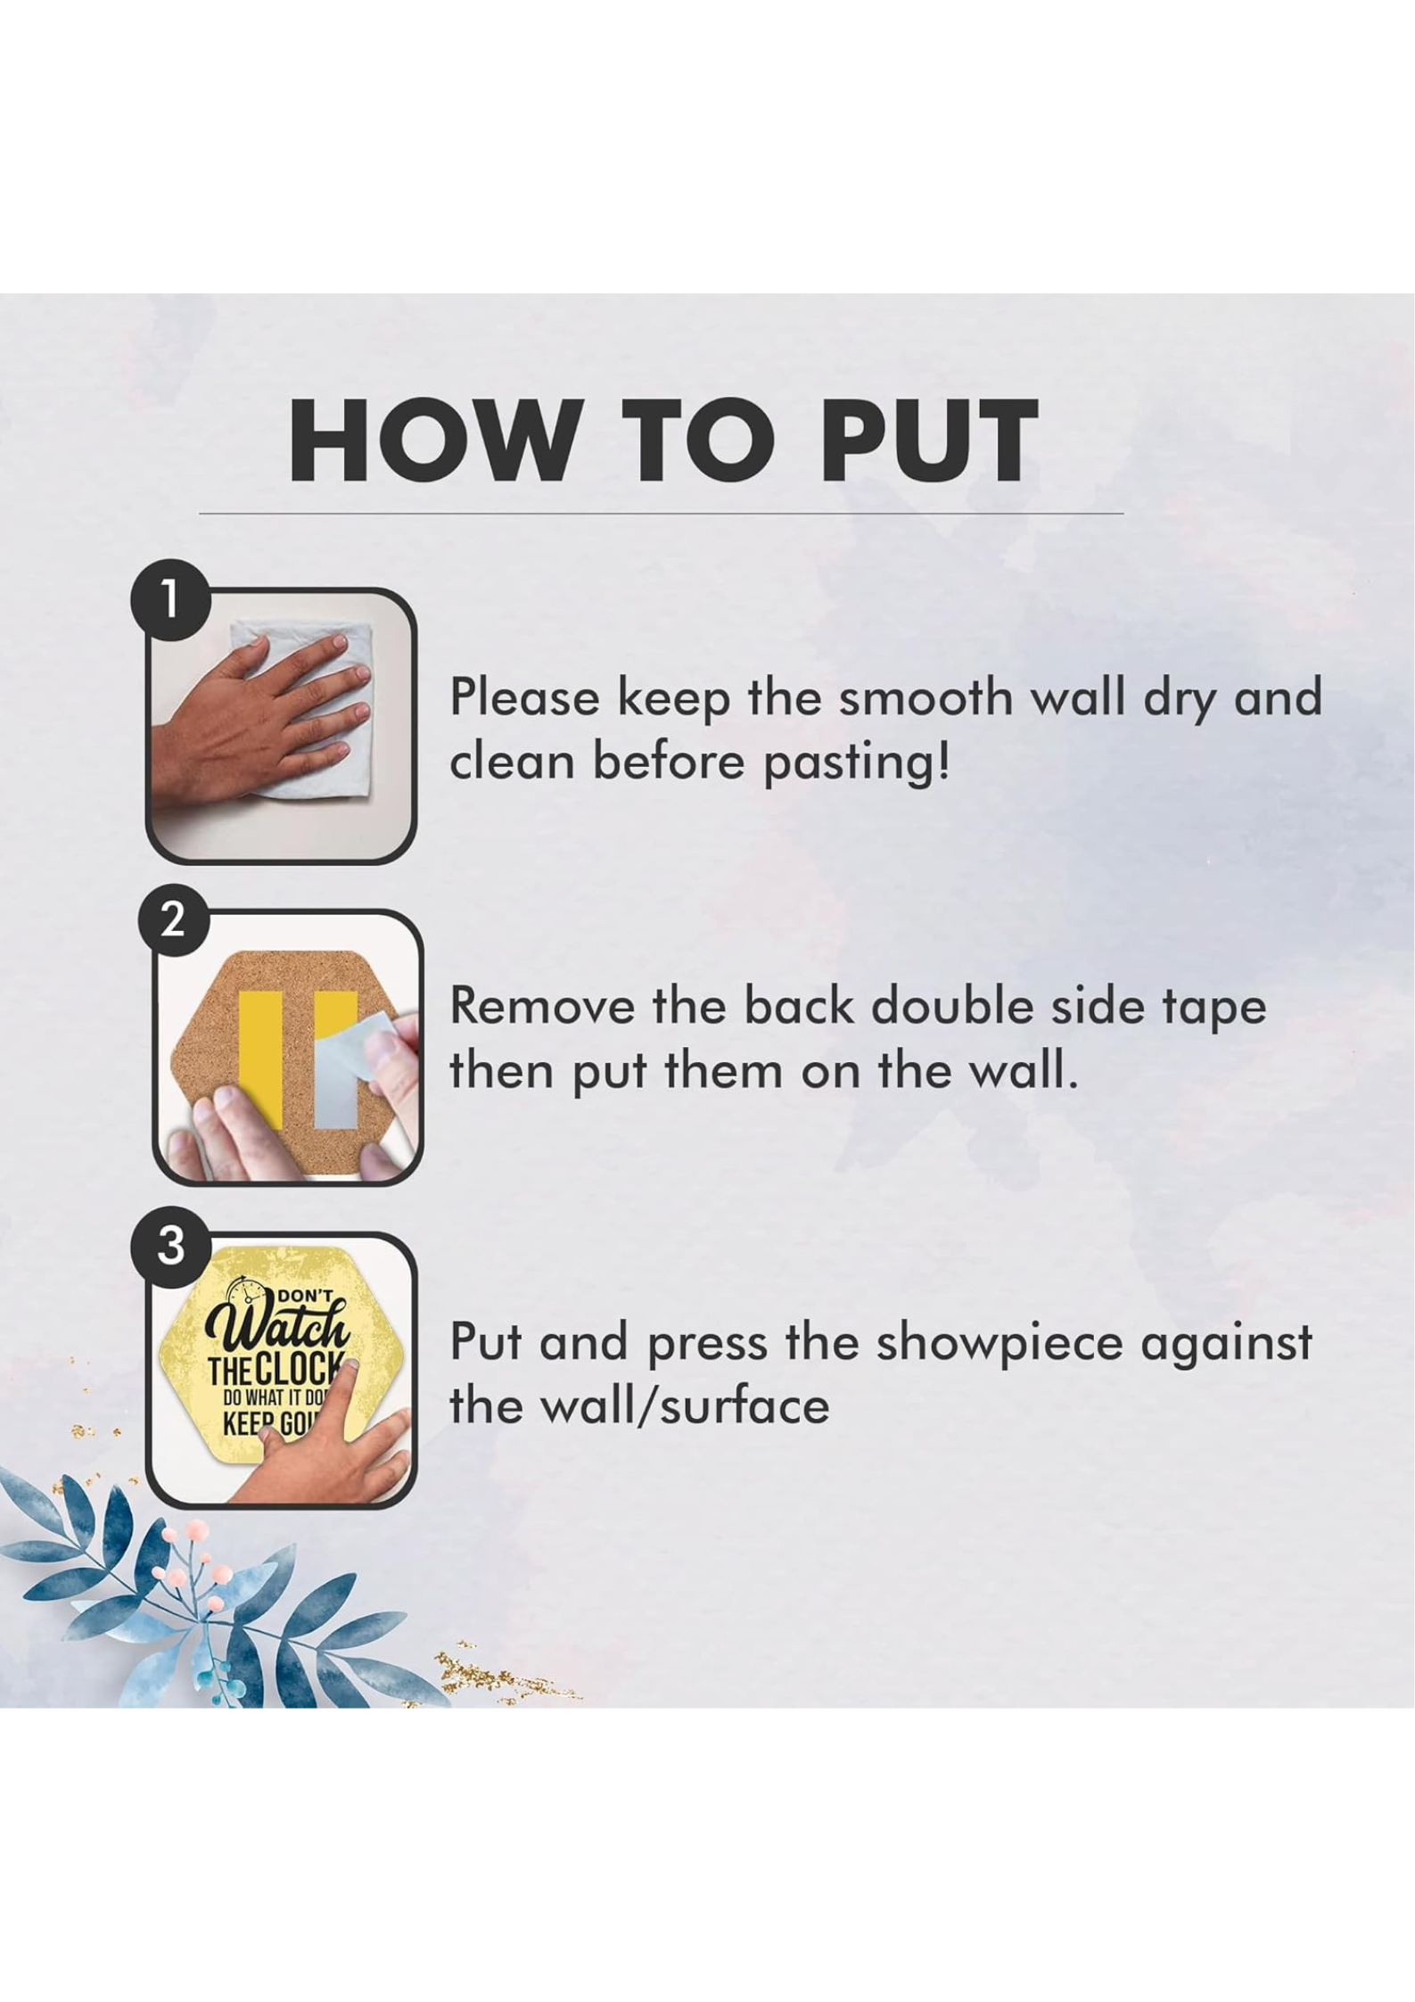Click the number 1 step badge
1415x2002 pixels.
[170, 599]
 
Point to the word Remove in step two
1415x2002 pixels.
[543, 1008]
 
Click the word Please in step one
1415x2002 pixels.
[524, 697]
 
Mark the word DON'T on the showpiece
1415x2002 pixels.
[304, 1296]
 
